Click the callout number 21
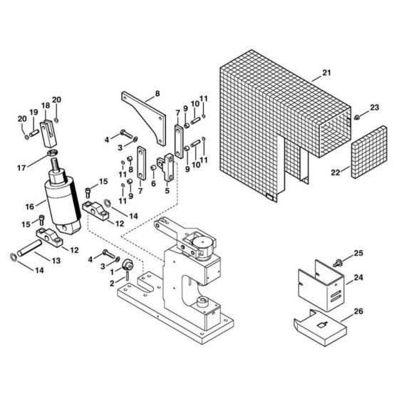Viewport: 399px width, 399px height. pyautogui.click(x=326, y=73)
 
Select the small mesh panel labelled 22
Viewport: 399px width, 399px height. pyautogui.click(x=369, y=152)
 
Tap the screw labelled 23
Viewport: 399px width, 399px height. pyautogui.click(x=357, y=118)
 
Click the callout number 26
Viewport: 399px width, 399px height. pyautogui.click(x=358, y=311)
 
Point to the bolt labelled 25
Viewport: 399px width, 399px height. pyautogui.click(x=337, y=263)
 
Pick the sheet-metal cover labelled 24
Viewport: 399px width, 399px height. pyautogui.click(x=321, y=285)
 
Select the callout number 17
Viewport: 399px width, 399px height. pyautogui.click(x=21, y=168)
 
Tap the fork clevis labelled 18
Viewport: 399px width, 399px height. pyautogui.click(x=48, y=133)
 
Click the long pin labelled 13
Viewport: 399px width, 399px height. pyautogui.click(x=29, y=248)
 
